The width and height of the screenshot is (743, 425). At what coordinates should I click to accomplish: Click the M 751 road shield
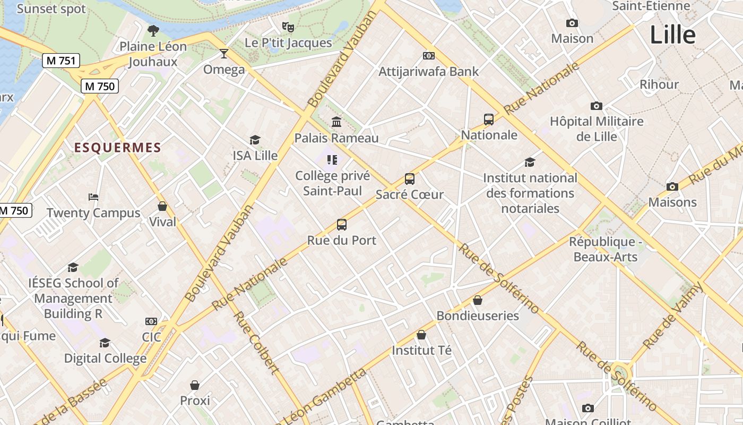tap(61, 61)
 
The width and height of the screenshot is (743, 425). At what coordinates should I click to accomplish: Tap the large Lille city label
tap(672, 35)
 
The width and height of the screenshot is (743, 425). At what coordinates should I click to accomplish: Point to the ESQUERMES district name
tap(117, 148)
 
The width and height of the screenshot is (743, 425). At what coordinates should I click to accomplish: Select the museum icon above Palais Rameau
tap(336, 122)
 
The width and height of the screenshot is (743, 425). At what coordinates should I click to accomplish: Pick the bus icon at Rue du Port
tap(342, 225)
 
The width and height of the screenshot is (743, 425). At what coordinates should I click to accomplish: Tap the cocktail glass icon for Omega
tap(224, 54)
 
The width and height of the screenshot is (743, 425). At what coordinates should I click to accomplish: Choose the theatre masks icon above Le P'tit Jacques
tap(288, 26)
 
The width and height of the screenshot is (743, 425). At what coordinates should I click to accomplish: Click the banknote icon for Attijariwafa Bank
tap(428, 56)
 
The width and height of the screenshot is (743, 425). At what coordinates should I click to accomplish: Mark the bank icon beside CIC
tap(151, 321)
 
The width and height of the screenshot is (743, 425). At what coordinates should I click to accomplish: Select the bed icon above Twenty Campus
tap(93, 197)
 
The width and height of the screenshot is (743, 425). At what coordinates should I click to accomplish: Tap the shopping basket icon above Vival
tap(162, 206)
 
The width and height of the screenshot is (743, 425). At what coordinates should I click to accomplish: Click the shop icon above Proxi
tap(195, 385)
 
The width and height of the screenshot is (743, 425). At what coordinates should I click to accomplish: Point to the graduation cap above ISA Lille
tap(255, 140)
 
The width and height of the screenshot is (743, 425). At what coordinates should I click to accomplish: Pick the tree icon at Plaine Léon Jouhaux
tap(153, 31)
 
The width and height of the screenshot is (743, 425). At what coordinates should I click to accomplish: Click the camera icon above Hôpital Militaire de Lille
tap(597, 106)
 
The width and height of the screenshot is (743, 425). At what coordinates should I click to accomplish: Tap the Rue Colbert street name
tap(256, 343)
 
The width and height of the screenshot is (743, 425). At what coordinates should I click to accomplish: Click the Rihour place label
tap(659, 84)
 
